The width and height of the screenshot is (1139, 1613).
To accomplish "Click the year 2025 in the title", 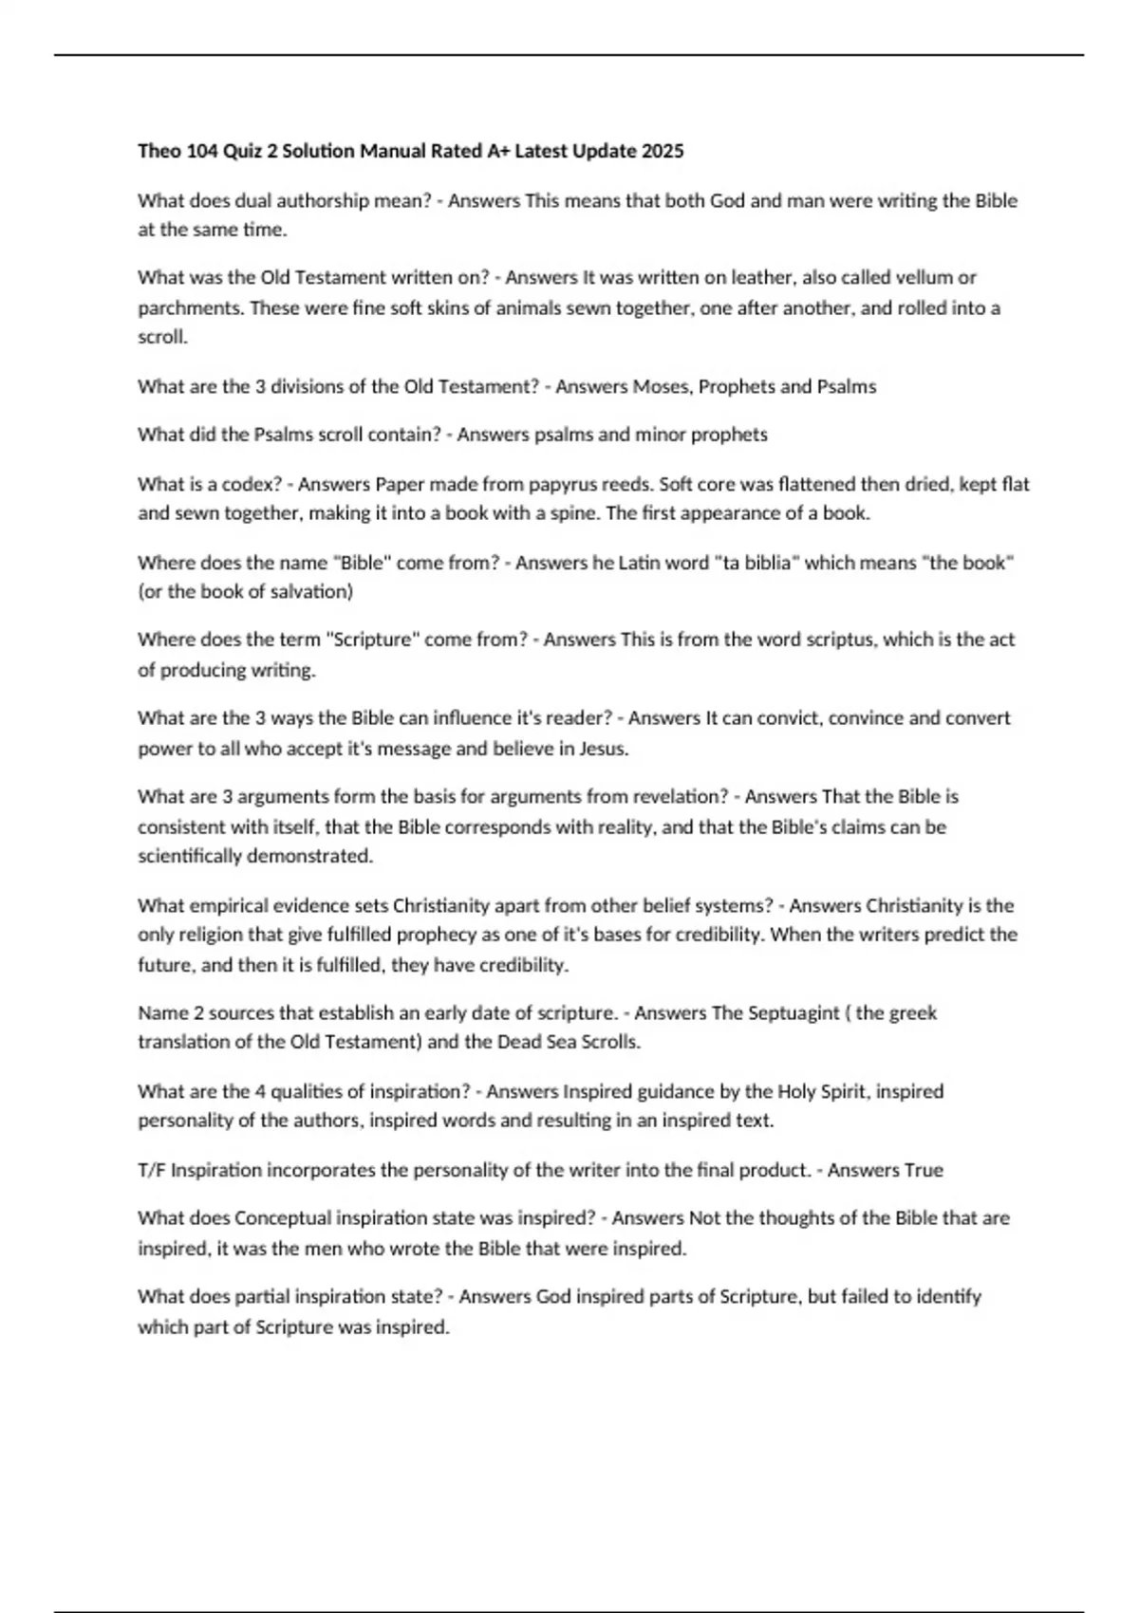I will [x=663, y=151].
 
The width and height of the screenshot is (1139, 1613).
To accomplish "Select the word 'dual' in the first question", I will [x=252, y=200].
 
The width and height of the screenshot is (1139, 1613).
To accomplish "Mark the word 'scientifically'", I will [x=189, y=856].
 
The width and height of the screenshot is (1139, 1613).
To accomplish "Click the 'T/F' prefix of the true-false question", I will [x=151, y=1170].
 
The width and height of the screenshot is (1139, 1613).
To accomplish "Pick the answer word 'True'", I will [x=924, y=1170].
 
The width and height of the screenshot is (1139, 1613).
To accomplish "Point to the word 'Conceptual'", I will [x=283, y=1217].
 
